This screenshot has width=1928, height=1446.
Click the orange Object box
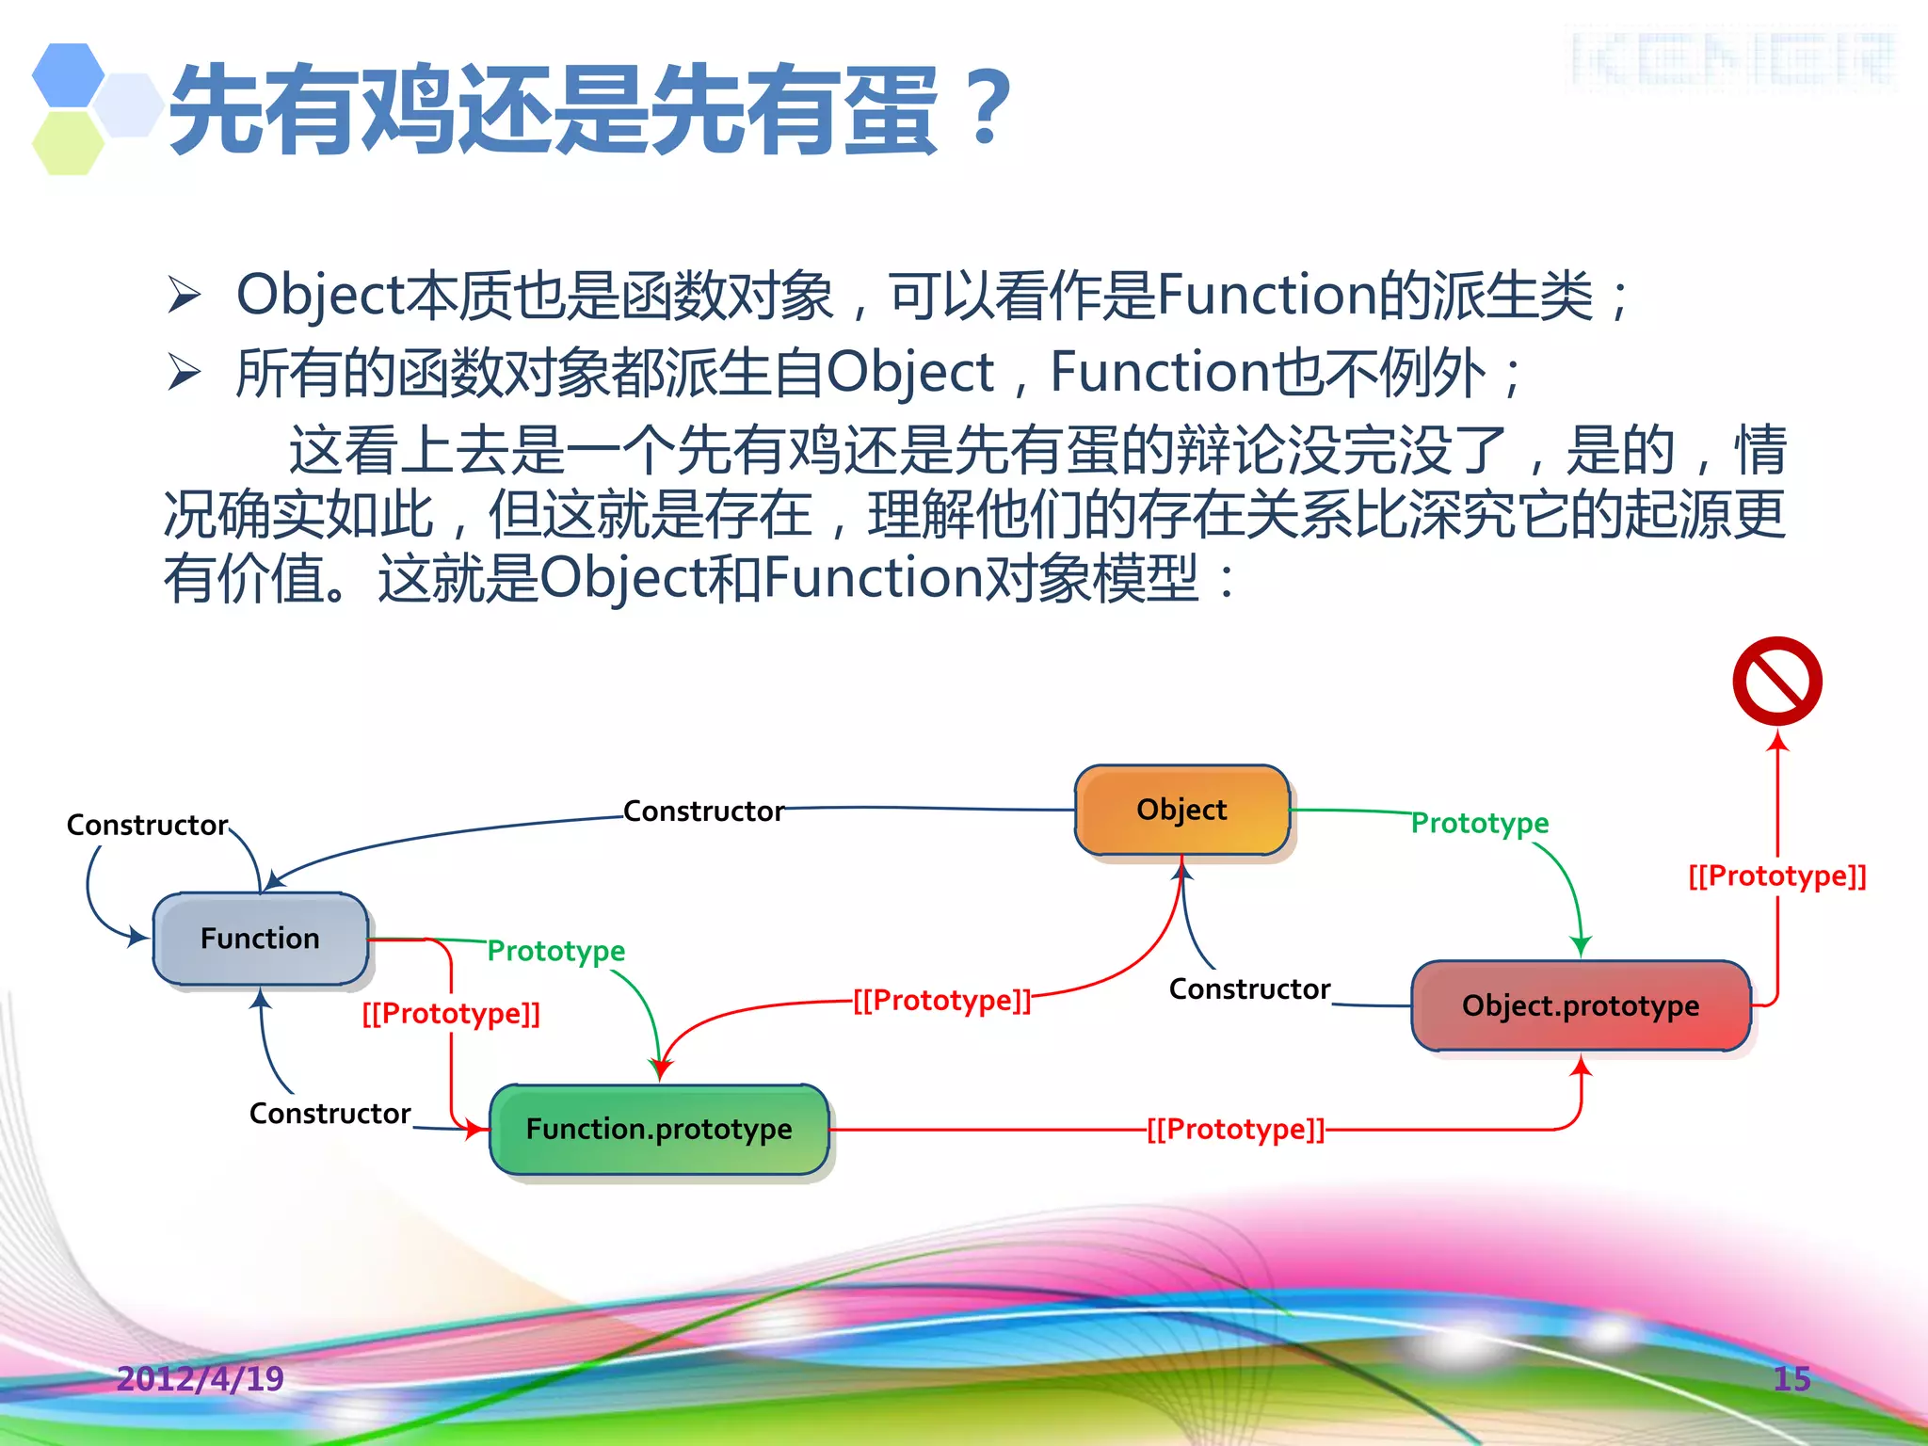(x=1181, y=810)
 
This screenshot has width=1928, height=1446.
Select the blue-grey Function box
(x=260, y=939)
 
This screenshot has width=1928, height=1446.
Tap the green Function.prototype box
(x=659, y=1129)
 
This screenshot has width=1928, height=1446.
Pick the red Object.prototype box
(x=1581, y=1005)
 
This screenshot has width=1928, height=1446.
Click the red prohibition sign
(x=1777, y=681)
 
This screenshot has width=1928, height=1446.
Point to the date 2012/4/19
(x=200, y=1378)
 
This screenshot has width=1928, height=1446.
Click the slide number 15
(x=1791, y=1378)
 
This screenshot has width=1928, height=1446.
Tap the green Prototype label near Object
(x=1480, y=823)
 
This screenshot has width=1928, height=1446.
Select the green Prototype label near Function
(x=555, y=951)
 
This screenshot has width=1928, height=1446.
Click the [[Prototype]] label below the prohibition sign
(x=1777, y=876)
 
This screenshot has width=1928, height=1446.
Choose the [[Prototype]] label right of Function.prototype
(x=1235, y=1129)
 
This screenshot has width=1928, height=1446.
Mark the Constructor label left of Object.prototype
(x=1249, y=989)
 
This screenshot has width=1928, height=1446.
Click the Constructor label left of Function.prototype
(x=329, y=1114)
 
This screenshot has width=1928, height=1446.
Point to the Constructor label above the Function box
(x=147, y=825)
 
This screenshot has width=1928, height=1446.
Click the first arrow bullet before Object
(x=185, y=295)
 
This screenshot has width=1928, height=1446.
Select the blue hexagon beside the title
(x=68, y=74)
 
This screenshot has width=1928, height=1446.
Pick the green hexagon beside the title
(x=68, y=143)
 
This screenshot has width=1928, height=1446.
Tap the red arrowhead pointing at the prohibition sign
(x=1777, y=741)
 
